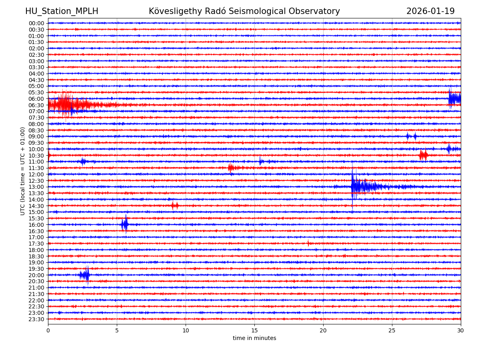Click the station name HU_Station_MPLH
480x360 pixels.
click(x=62, y=12)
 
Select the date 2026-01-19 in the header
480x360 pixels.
click(x=430, y=12)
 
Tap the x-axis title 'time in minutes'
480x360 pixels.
click(x=254, y=338)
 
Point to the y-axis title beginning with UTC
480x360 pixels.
click(x=23, y=171)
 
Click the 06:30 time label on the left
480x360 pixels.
click(x=36, y=105)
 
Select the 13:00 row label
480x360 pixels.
click(x=36, y=187)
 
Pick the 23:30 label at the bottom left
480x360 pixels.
click(x=36, y=319)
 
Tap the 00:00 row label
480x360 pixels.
click(x=36, y=23)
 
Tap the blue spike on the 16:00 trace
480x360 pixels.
click(x=125, y=224)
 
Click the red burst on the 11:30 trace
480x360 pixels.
click(x=231, y=168)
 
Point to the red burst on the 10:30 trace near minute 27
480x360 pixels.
click(x=423, y=155)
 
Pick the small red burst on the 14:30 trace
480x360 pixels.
click(x=175, y=206)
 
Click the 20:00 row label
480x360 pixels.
click(x=36, y=275)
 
